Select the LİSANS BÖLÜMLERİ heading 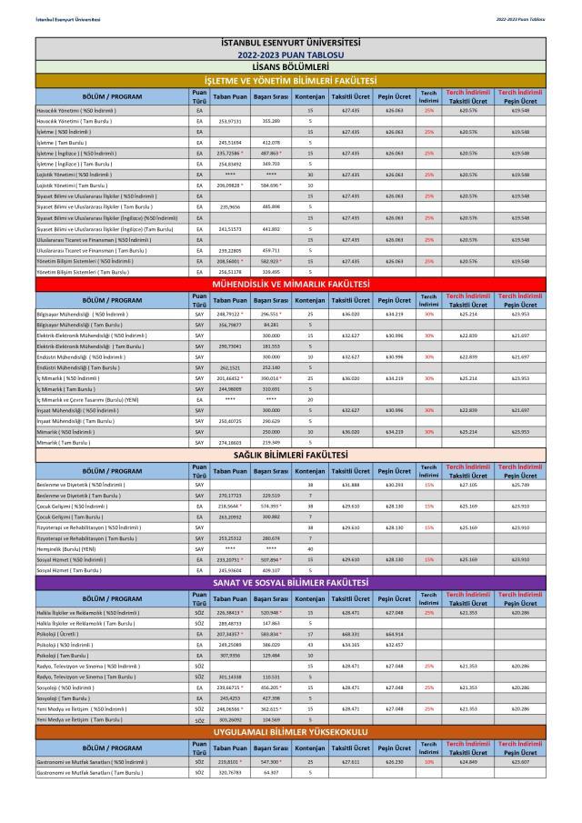coord(291,66)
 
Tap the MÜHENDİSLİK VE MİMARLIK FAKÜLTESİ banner coord(291,284)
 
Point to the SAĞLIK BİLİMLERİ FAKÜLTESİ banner coord(291,453)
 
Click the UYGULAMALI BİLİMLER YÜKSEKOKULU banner coord(291,731)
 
